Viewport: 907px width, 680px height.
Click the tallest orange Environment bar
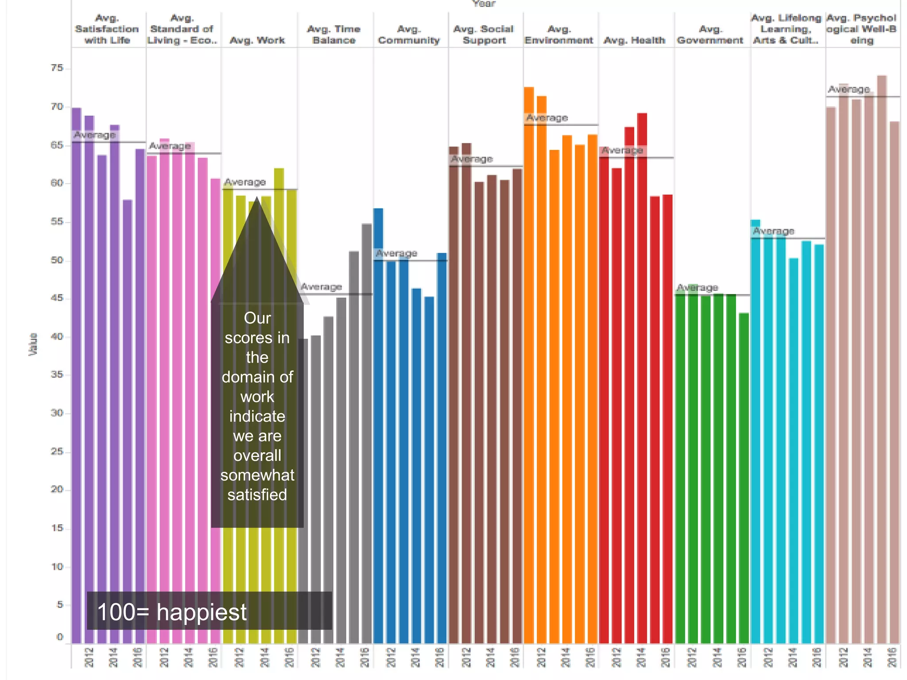tap(529, 363)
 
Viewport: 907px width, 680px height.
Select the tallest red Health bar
tap(642, 376)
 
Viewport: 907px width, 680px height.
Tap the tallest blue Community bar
tap(378, 425)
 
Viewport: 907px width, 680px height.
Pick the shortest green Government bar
tap(744, 478)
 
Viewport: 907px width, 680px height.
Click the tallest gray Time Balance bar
tap(367, 434)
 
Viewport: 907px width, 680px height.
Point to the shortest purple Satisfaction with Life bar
tap(128, 421)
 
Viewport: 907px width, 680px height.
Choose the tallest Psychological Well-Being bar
tap(882, 359)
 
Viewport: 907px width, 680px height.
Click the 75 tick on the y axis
tap(57, 68)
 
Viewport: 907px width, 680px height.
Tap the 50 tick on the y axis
tap(57, 260)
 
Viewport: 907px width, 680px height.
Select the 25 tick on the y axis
tap(57, 452)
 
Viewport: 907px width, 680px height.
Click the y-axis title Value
tap(33, 344)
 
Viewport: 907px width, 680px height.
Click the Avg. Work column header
tap(257, 40)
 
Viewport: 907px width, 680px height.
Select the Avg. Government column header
tap(710, 35)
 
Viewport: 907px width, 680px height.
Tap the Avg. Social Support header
tap(484, 35)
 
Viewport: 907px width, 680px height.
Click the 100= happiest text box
tap(209, 611)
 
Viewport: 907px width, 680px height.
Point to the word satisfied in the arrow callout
tap(257, 495)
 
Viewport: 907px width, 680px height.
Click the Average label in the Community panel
tap(396, 253)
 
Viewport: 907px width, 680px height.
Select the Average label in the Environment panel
tap(547, 118)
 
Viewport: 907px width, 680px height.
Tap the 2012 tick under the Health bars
tap(616, 657)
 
